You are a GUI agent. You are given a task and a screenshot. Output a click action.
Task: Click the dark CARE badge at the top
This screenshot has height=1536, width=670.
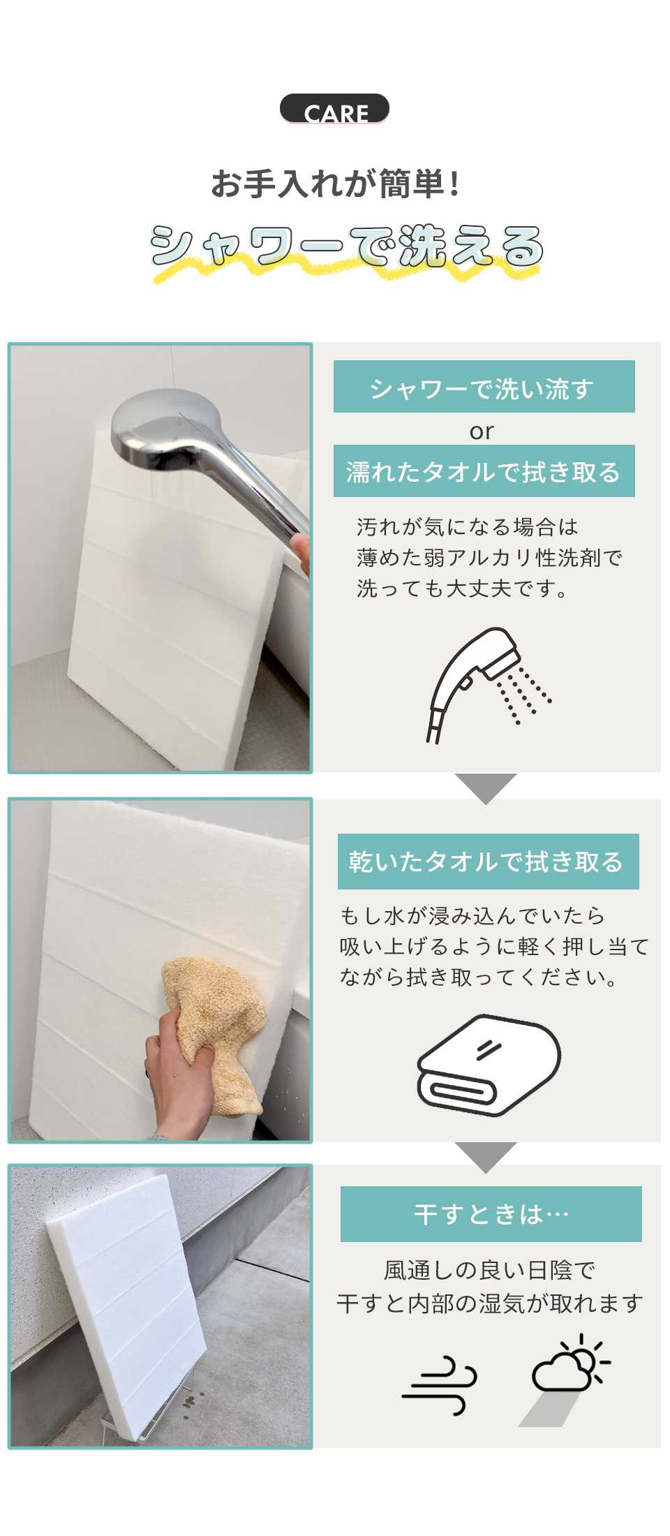click(x=334, y=109)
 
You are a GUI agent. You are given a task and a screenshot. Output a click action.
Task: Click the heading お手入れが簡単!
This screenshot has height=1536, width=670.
click(x=335, y=184)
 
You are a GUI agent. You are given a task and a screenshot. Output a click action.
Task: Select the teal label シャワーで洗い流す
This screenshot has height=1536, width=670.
click(x=484, y=387)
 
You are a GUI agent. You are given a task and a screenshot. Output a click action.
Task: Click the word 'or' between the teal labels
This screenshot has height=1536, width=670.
click(x=482, y=431)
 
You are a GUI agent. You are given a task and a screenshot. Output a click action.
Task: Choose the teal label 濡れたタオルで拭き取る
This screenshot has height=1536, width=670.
click(x=484, y=471)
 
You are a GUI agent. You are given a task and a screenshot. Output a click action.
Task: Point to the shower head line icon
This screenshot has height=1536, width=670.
click(x=489, y=684)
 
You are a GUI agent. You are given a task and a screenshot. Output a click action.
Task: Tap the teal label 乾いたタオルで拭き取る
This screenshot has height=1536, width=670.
click(x=488, y=862)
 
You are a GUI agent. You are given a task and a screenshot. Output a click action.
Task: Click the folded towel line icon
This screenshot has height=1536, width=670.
click(x=489, y=1065)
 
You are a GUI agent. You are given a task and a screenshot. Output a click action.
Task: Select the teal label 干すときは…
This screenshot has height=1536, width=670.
click(x=491, y=1214)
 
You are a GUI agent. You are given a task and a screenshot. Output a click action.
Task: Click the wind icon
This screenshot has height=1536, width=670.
click(x=440, y=1385)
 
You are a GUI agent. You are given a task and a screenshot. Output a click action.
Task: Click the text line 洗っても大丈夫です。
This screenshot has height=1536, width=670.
click(x=462, y=589)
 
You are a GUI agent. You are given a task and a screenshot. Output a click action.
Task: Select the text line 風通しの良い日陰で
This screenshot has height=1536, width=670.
click(x=490, y=1270)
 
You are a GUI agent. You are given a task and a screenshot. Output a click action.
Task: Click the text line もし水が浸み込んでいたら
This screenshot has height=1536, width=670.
click(x=472, y=915)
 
